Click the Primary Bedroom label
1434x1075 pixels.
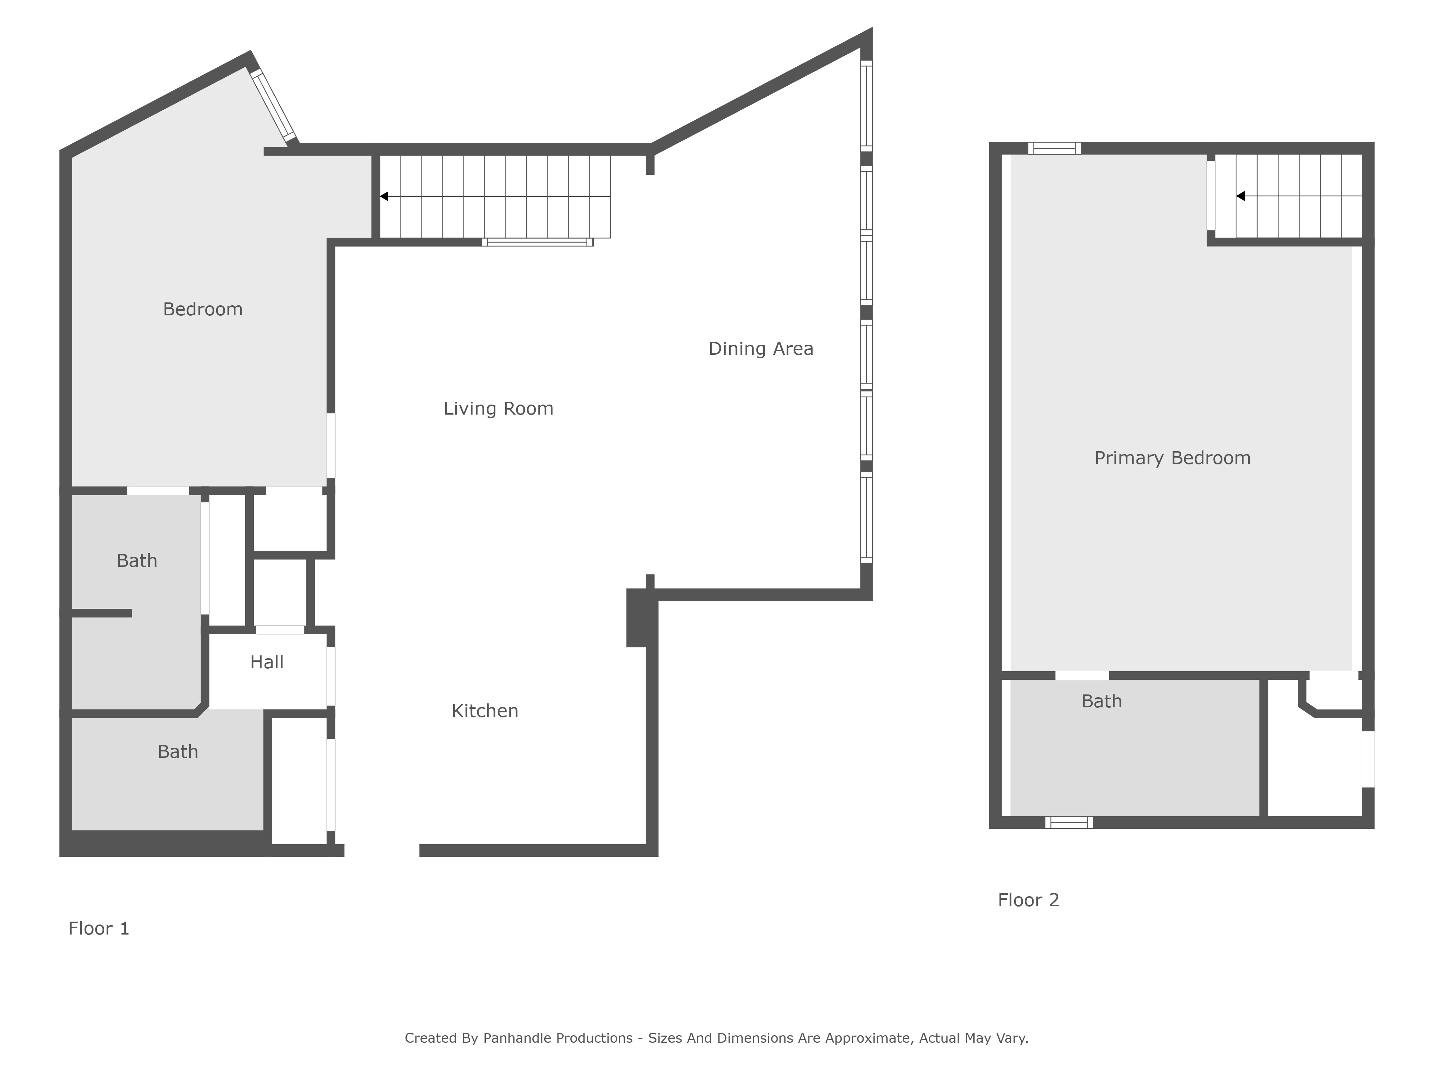[1172, 458]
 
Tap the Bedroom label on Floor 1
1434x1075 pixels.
[203, 309]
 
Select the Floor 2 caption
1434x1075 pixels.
[1028, 900]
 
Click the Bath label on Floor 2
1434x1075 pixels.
[1101, 701]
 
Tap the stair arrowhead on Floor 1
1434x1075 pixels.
[384, 196]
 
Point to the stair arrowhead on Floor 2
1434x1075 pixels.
[1240, 196]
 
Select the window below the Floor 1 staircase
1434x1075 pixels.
[537, 242]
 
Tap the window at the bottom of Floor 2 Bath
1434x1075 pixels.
[1069, 822]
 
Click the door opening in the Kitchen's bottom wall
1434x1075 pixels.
[382, 850]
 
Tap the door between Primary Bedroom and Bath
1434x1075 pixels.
[1082, 676]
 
